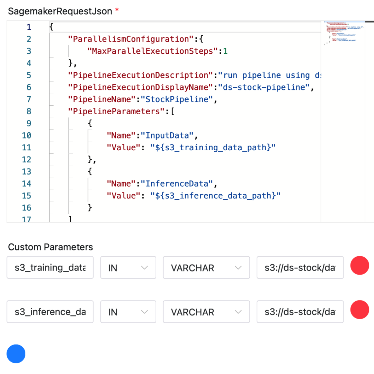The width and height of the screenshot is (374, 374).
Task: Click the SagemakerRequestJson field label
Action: [x=60, y=11]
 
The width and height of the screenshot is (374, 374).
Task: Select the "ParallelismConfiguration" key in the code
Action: [x=128, y=39]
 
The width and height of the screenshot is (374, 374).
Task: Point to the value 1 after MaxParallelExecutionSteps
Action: [x=225, y=51]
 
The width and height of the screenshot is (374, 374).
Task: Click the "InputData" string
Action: [x=169, y=135]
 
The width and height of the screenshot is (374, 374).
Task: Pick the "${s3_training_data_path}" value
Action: [x=213, y=148]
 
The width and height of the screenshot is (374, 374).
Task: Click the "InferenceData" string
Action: [x=178, y=184]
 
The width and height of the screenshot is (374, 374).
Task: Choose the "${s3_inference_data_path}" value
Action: [x=215, y=196]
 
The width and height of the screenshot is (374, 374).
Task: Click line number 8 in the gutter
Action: [x=29, y=112]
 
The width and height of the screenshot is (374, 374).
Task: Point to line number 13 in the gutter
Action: [x=26, y=171]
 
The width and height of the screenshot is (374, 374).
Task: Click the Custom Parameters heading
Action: [x=51, y=247]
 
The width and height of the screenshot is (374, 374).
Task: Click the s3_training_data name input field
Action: [x=50, y=268]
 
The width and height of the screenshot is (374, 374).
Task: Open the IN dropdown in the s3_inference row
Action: [x=128, y=312]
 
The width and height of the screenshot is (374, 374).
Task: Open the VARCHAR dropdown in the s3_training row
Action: [x=206, y=268]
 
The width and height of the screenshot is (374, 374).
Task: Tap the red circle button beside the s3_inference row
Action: [x=359, y=310]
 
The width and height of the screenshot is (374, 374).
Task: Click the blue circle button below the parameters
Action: [x=16, y=354]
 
